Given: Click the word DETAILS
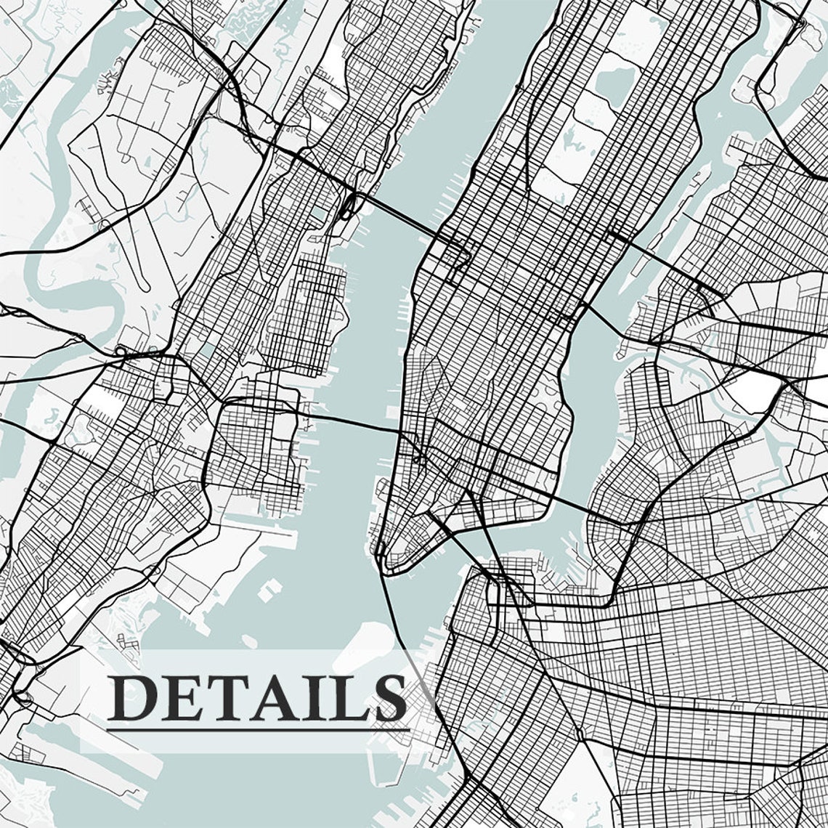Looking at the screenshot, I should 258,697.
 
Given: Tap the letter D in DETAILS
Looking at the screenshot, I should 131,698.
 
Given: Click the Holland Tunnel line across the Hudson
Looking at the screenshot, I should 349,422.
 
